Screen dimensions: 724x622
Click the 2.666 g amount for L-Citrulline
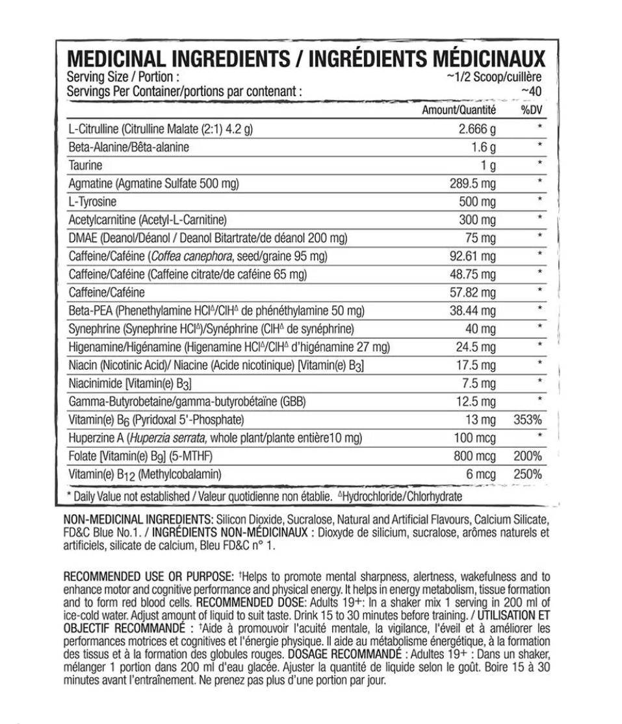tap(478, 129)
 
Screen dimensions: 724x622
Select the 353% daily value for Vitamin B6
tap(528, 420)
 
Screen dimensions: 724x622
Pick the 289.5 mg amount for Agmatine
tap(473, 184)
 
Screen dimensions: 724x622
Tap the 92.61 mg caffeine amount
tap(473, 257)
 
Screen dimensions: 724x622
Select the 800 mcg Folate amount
tap(474, 457)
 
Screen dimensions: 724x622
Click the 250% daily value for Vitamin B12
tap(528, 475)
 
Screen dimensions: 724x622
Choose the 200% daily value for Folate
tap(528, 457)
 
